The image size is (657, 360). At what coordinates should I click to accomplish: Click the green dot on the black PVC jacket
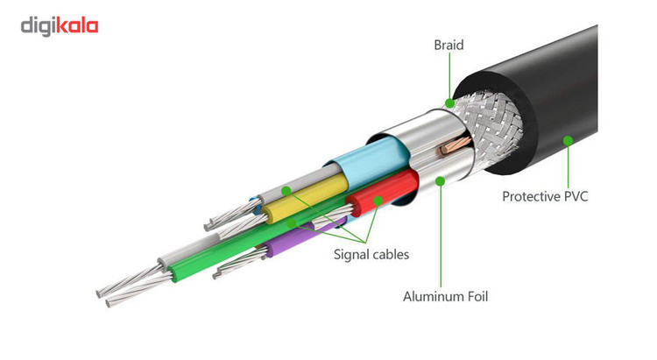point(568,139)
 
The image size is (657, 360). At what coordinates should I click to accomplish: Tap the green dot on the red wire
point(378,201)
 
